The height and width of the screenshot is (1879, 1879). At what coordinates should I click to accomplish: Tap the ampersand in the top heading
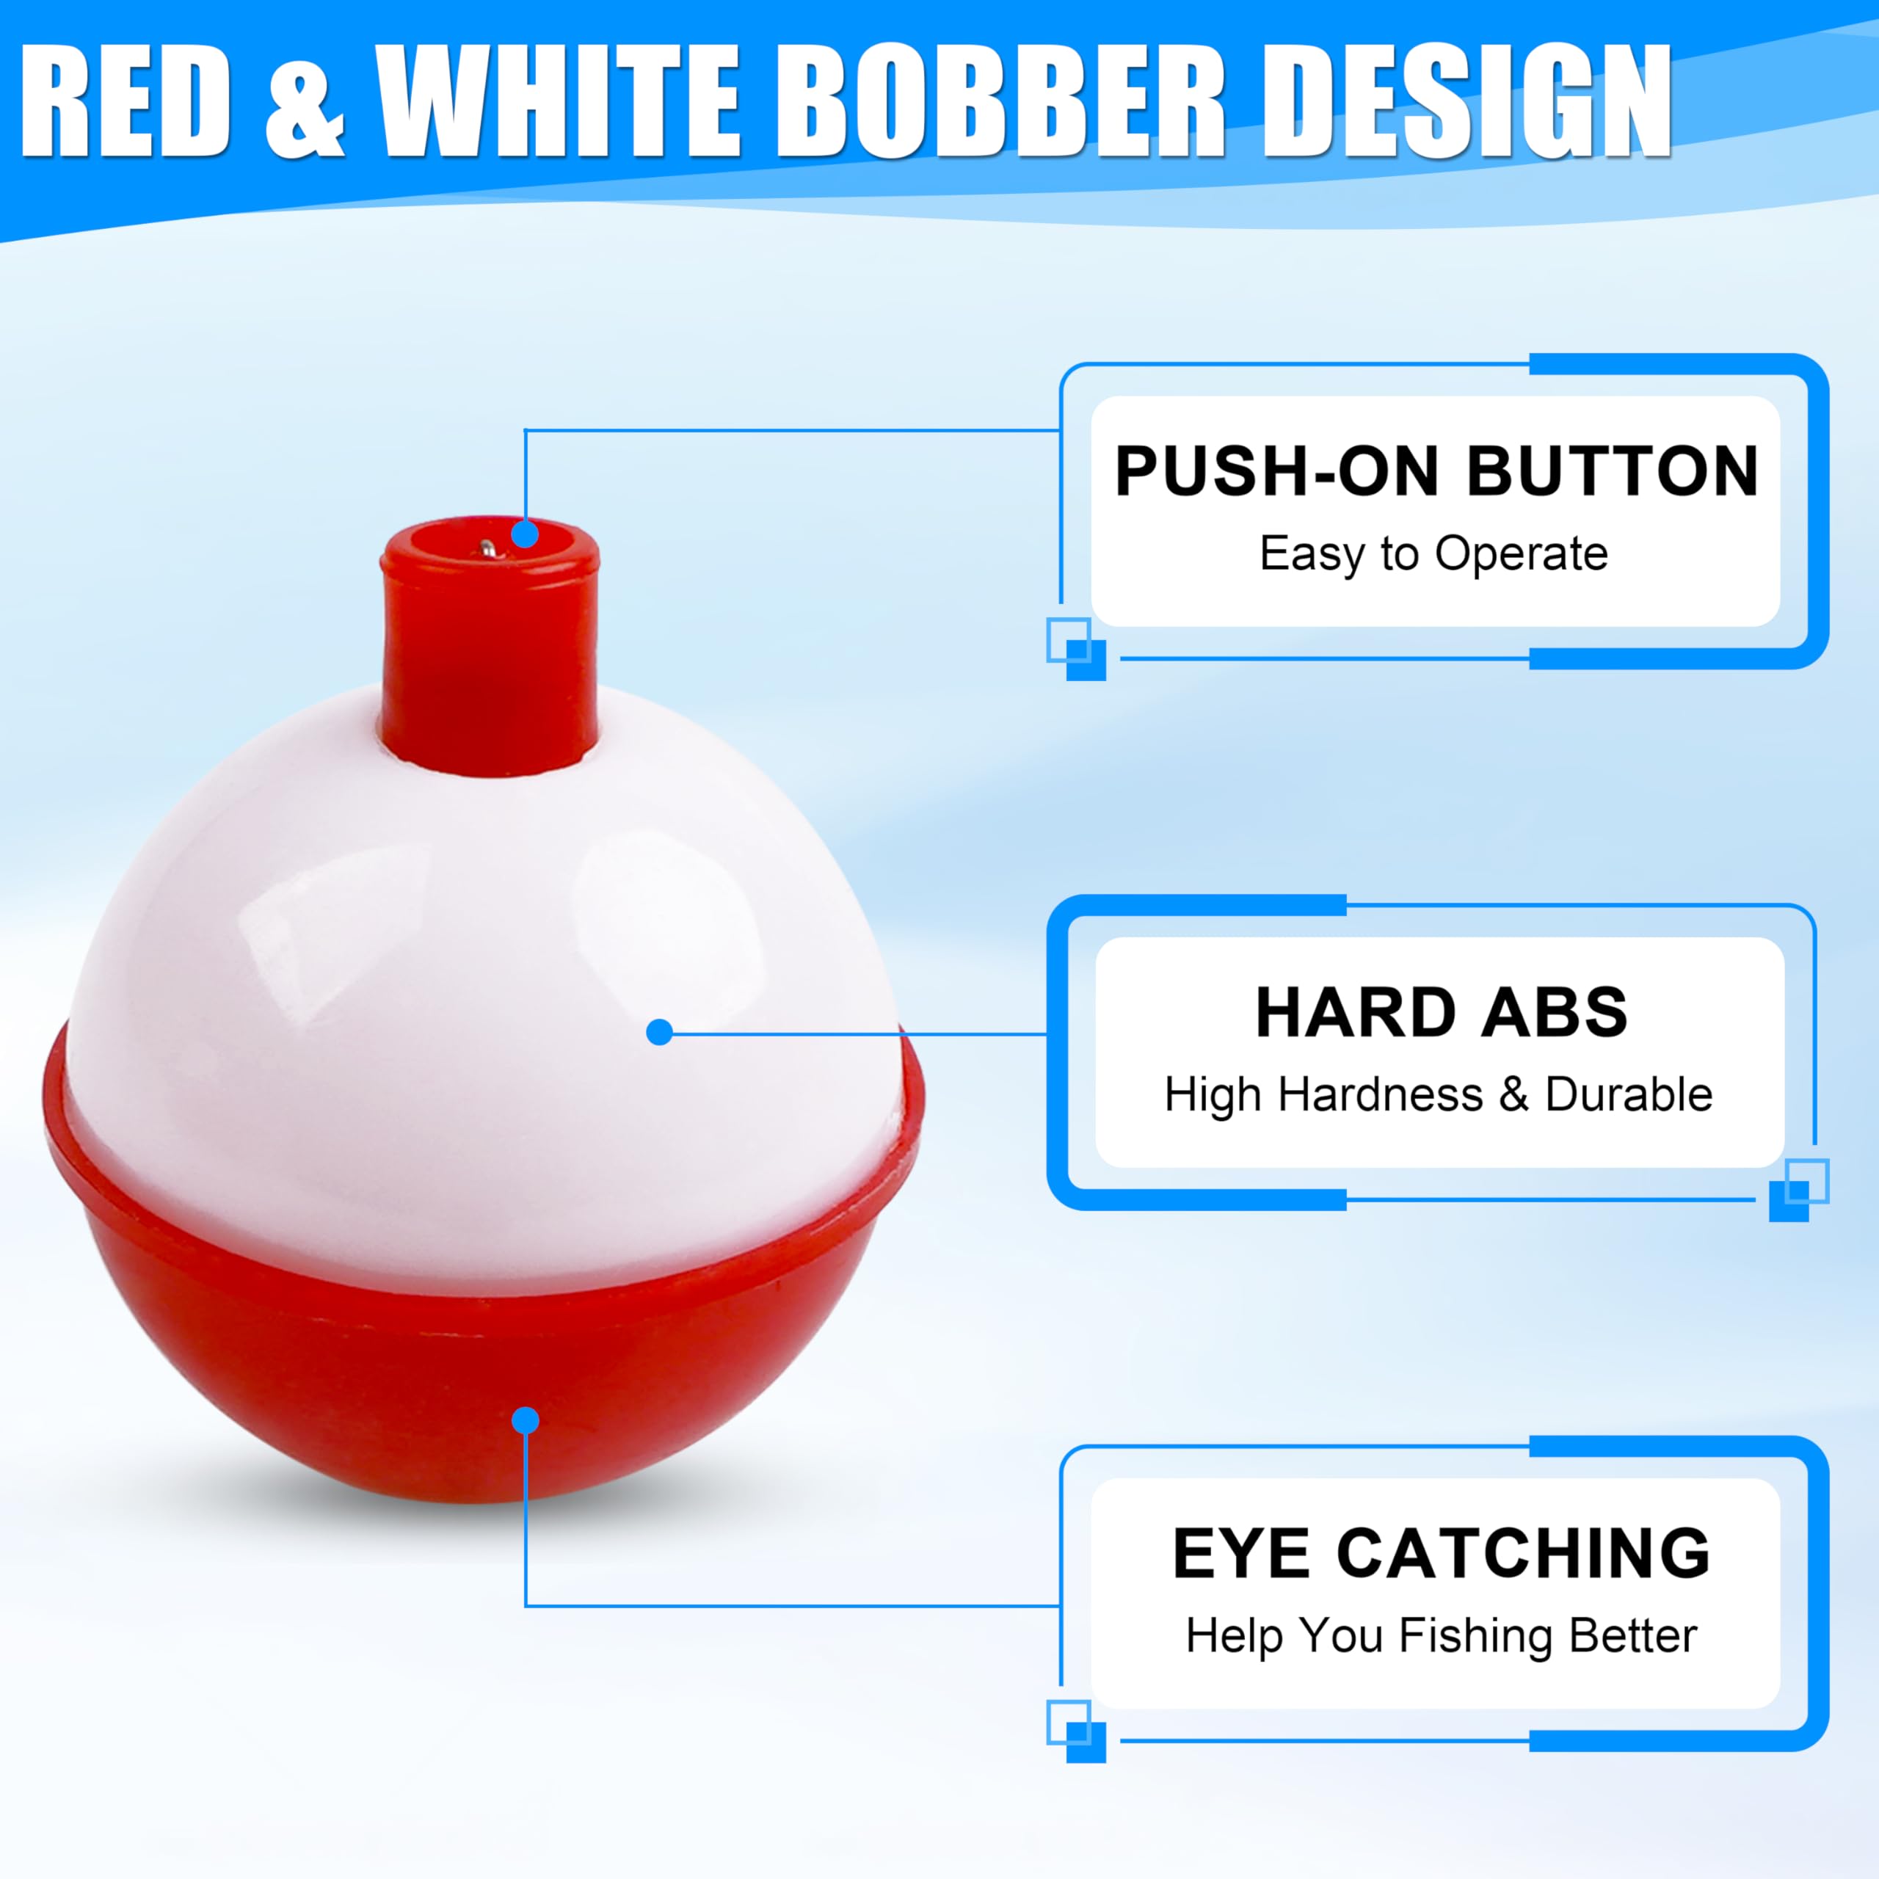point(305,102)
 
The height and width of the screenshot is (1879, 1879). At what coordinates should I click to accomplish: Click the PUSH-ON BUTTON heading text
point(1436,472)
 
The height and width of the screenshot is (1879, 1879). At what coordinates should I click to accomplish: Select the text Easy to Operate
point(1433,553)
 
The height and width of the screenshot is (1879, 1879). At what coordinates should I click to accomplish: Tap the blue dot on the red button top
point(526,534)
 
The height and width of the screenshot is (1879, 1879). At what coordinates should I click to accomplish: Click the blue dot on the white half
point(659,1033)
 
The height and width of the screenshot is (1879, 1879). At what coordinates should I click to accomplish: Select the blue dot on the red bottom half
point(526,1421)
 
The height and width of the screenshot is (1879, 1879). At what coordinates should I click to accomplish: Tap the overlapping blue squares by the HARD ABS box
point(1798,1190)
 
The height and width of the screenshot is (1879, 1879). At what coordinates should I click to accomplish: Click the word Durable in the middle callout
point(1628,1094)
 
